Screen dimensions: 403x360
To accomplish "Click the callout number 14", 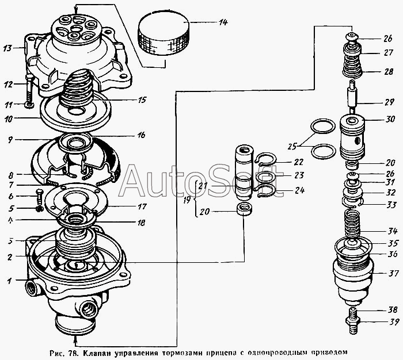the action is pos(222,22).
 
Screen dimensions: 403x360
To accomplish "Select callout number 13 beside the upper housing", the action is pos(8,49).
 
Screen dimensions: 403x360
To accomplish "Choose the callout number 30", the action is pos(373,120).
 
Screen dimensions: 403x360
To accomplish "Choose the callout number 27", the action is pos(373,52).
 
